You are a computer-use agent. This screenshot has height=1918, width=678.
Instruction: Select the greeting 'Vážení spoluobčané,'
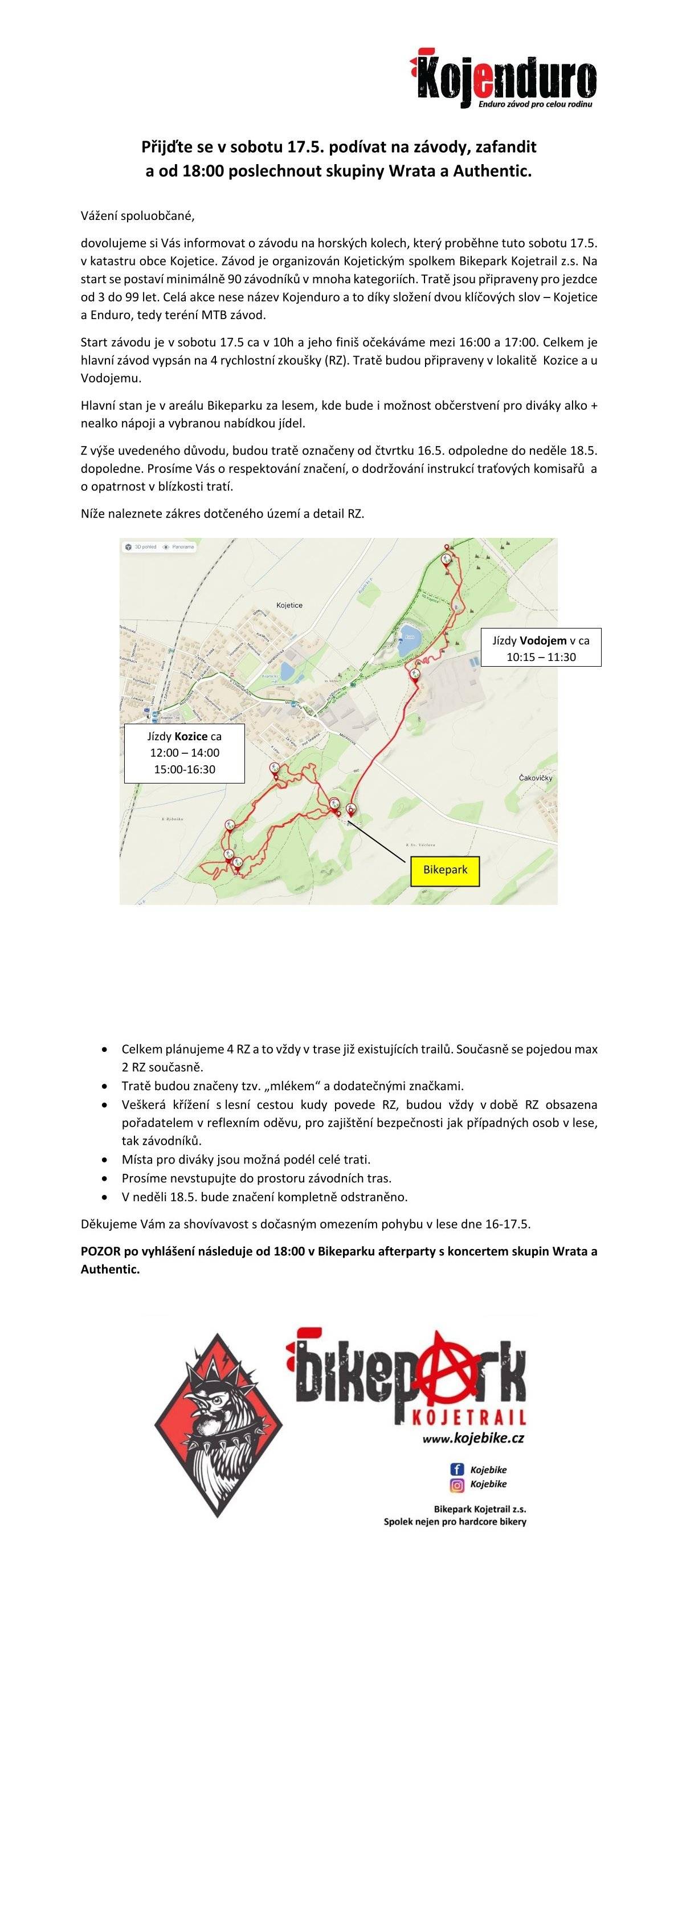pos(138,216)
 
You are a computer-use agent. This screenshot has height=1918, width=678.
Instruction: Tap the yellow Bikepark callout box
pos(444,869)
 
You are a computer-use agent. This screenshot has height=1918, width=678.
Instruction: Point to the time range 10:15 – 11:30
pos(541,656)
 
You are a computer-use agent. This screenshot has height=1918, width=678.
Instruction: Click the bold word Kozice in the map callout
pos(191,736)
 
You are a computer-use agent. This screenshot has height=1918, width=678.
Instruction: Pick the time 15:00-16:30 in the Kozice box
pos(185,769)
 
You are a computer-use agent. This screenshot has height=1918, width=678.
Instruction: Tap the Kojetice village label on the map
pos(289,605)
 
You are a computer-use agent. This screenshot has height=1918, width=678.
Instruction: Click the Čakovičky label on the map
pos(535,777)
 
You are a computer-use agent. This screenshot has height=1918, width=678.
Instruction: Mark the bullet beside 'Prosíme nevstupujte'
pos(104,1178)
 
